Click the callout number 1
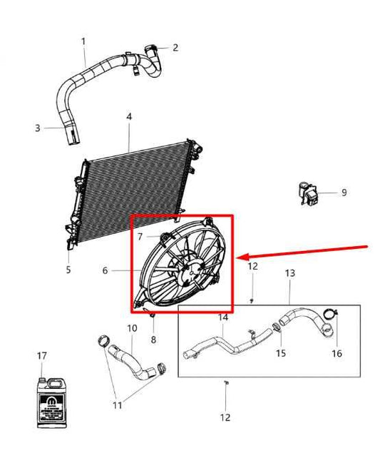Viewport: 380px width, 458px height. click(x=83, y=41)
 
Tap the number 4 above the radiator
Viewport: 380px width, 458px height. click(x=129, y=116)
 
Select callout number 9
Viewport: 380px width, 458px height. click(x=343, y=193)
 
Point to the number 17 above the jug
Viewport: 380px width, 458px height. click(x=42, y=355)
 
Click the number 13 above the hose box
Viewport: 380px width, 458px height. click(x=289, y=274)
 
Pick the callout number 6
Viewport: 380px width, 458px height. click(x=105, y=270)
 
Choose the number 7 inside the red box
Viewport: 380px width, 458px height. click(x=140, y=236)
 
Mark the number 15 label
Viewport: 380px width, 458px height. click(x=281, y=352)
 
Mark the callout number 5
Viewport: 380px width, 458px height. click(x=68, y=270)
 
